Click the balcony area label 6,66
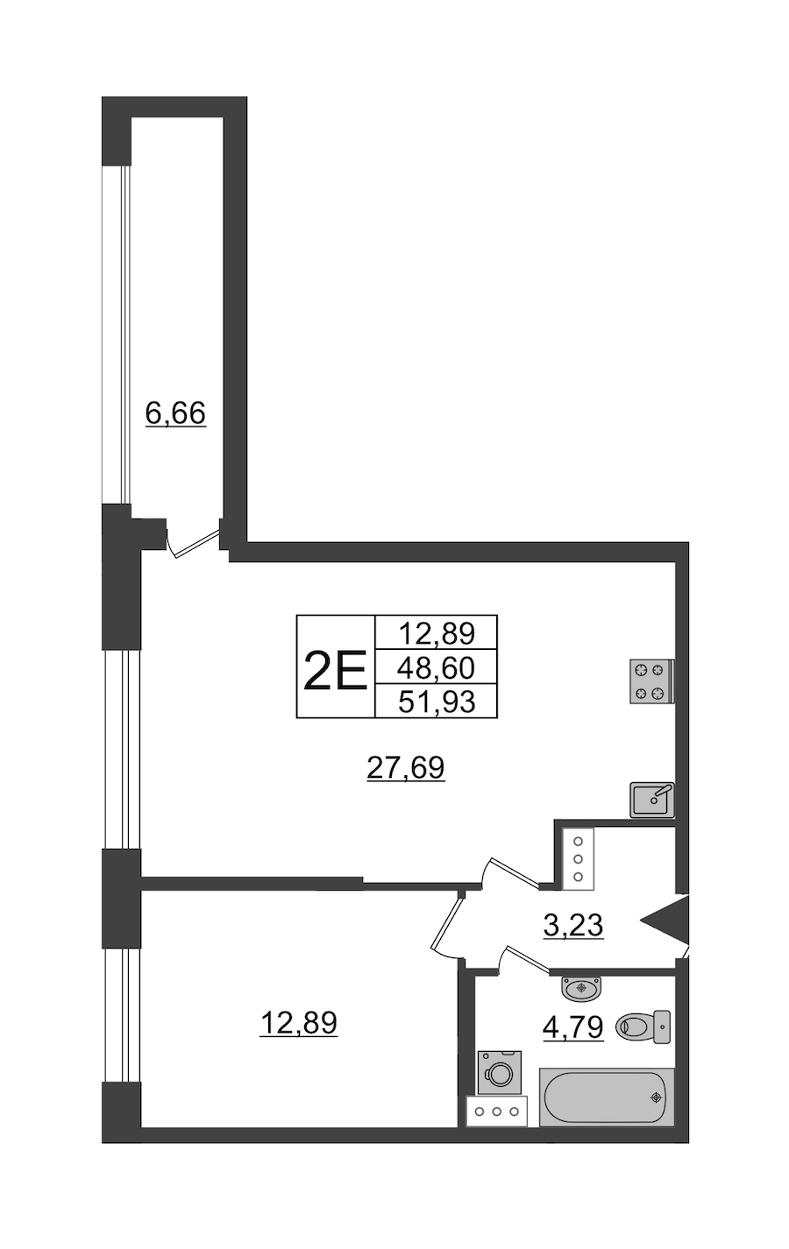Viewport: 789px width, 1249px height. click(175, 413)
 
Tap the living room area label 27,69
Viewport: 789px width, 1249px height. click(406, 768)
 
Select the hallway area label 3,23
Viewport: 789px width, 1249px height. click(573, 925)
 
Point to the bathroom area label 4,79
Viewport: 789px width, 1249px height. click(573, 1027)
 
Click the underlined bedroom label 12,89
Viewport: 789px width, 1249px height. click(299, 1023)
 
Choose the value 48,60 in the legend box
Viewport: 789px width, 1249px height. click(437, 667)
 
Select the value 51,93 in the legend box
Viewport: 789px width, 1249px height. click(437, 702)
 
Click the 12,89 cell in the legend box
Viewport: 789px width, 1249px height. click(437, 633)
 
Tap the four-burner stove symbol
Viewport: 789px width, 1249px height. click(652, 681)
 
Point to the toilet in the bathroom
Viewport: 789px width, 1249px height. click(643, 1026)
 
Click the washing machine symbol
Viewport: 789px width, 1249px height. click(500, 1072)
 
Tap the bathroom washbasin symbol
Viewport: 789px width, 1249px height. click(581, 988)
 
